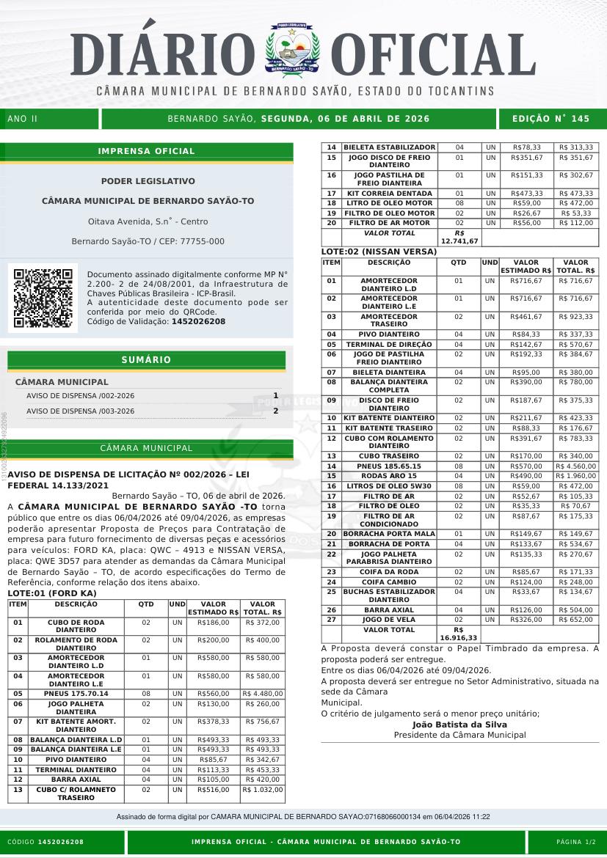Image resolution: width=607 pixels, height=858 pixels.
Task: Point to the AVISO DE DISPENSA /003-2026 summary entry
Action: [81, 411]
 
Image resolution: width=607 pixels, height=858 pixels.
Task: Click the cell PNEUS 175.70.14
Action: [76, 693]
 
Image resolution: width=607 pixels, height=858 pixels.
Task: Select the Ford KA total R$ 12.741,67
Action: [459, 237]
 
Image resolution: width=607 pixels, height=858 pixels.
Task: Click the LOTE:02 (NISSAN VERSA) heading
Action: [379, 252]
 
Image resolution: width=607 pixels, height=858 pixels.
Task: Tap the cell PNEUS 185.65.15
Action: [389, 466]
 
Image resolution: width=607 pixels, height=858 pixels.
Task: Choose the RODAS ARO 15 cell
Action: [389, 476]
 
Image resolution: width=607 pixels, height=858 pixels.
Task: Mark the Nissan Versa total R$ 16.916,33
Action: [459, 634]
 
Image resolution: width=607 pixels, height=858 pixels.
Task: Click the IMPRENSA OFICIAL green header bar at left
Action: [147, 151]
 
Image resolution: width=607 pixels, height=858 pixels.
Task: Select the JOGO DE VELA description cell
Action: [389, 620]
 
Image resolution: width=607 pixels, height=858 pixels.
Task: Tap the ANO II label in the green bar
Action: [22, 119]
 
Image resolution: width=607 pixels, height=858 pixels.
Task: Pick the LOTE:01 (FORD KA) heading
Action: [51, 593]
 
